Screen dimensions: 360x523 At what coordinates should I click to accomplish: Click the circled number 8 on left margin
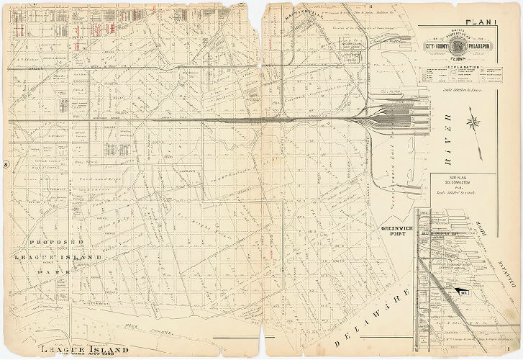coord(6,163)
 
